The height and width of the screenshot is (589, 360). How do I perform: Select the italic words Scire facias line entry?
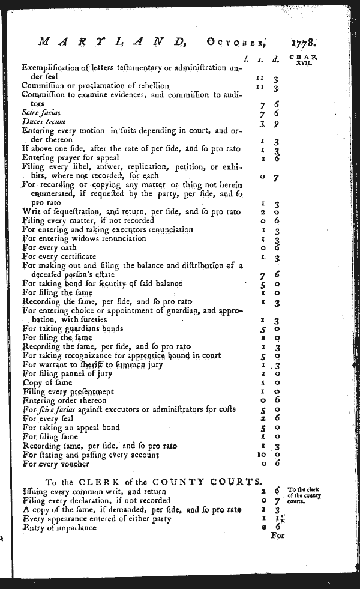point(41,112)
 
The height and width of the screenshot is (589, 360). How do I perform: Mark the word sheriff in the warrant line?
point(88,364)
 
